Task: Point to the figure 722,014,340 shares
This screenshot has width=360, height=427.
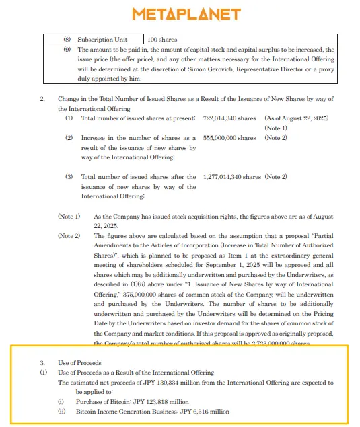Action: click(x=229, y=118)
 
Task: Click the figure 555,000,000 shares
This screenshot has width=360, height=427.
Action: click(x=229, y=138)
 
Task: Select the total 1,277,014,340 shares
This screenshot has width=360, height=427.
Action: click(x=231, y=177)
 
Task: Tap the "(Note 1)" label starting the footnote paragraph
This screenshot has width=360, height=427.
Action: click(x=69, y=217)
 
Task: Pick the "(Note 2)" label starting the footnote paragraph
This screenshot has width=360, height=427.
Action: click(x=69, y=236)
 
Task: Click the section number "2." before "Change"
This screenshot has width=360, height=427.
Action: click(x=43, y=99)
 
